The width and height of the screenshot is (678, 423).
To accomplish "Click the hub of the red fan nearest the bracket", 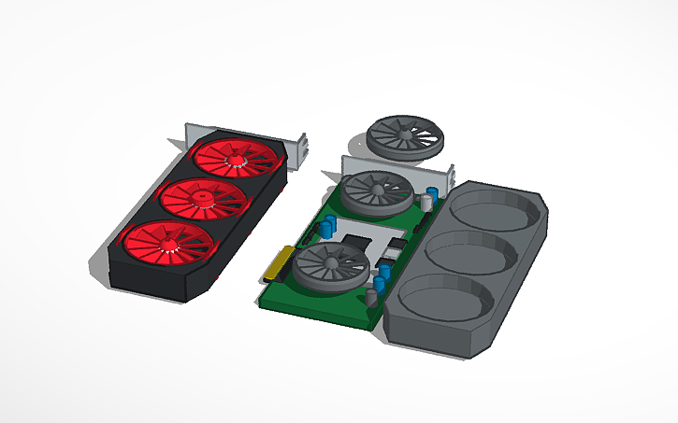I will [x=237, y=162].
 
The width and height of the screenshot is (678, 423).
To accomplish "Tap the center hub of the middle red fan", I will [x=203, y=196].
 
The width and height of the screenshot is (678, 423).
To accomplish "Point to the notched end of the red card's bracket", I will [x=301, y=148].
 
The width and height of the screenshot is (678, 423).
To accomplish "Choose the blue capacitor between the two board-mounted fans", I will [x=333, y=225].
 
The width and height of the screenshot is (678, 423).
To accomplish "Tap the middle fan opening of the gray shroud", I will [x=469, y=251].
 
